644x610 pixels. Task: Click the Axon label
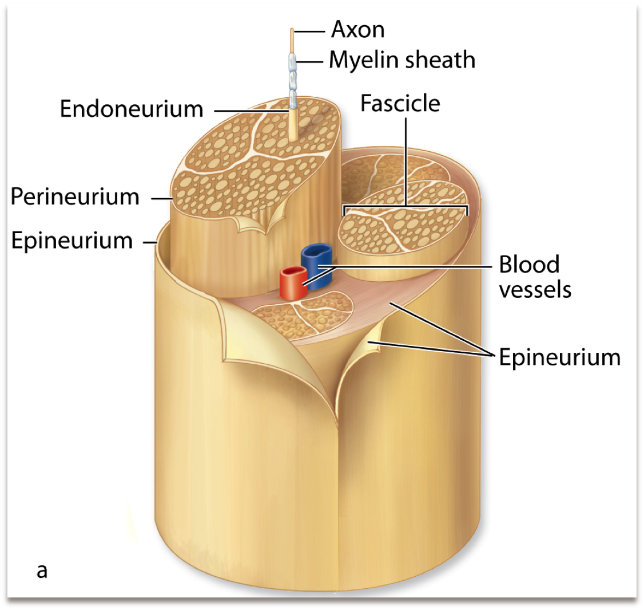[358, 29]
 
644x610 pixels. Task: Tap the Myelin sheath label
[401, 60]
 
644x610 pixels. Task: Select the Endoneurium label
[132, 108]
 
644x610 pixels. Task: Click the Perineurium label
[75, 196]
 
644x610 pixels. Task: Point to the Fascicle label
[400, 103]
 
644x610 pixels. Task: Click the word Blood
[529, 265]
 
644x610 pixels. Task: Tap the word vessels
[535, 289]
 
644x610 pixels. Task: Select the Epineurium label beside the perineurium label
[72, 241]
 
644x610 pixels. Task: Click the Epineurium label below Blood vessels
[559, 357]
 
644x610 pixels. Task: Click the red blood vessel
[292, 284]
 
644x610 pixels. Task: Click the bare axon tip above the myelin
[292, 40]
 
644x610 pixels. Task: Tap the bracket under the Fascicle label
[406, 206]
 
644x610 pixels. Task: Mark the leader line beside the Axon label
[311, 30]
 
